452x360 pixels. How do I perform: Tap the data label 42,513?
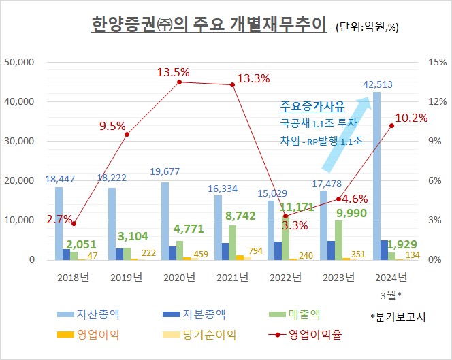[x=378, y=84]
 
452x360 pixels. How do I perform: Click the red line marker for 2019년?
[x=127, y=135]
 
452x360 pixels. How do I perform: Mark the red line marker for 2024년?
[x=392, y=125]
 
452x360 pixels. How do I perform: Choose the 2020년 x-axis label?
[x=180, y=276]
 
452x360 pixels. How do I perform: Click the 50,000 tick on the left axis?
[x=20, y=62]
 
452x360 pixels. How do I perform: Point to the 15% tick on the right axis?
[x=437, y=62]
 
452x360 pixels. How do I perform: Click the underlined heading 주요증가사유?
[x=312, y=107]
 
